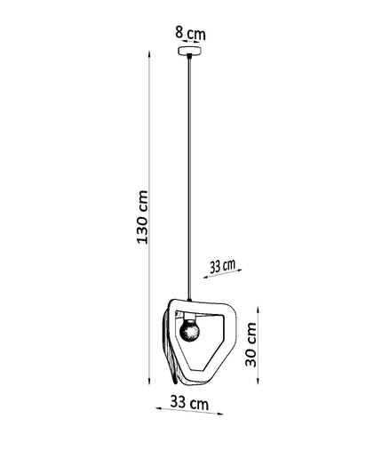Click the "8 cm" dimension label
(x=190, y=33)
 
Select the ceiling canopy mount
(x=190, y=51)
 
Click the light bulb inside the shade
(x=189, y=331)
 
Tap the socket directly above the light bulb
(x=189, y=317)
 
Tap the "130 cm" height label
(x=142, y=217)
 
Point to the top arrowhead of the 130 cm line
(x=149, y=54)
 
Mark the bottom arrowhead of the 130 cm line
(x=149, y=382)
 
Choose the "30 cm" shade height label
(x=251, y=344)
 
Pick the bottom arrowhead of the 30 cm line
(x=259, y=381)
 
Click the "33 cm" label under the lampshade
(x=189, y=403)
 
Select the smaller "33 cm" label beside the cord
(x=223, y=266)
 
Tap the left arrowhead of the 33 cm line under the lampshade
(x=159, y=409)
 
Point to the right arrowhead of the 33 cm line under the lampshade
(x=220, y=414)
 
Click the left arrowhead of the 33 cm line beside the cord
(x=206, y=278)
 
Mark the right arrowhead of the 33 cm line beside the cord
(x=239, y=270)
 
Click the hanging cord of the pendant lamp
(x=189, y=177)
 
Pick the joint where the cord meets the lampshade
(x=189, y=300)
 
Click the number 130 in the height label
(x=142, y=228)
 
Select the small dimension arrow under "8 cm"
(x=190, y=42)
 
